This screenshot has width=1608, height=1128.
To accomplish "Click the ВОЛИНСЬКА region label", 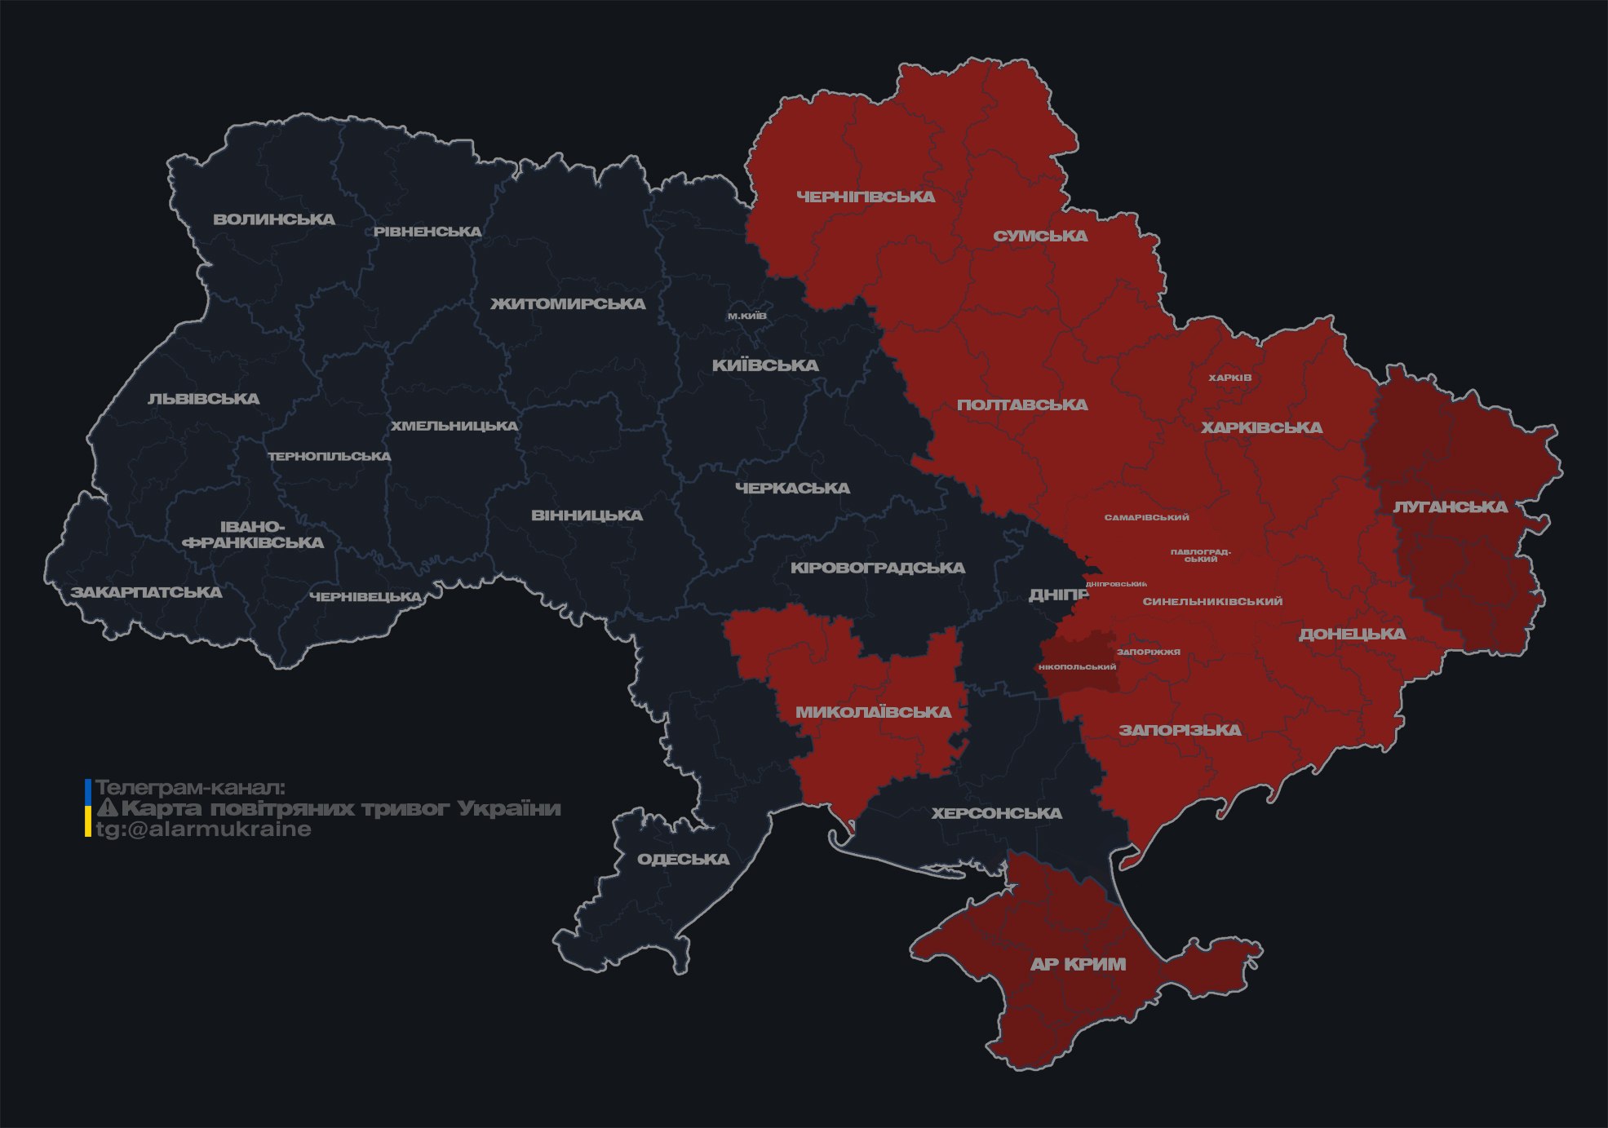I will [274, 219].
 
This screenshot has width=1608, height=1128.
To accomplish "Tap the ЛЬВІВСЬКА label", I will [204, 399].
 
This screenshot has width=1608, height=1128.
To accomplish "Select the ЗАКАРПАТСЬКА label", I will [146, 592].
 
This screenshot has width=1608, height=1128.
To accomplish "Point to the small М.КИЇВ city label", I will [747, 316].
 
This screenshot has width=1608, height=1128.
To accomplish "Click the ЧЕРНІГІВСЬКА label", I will [866, 197].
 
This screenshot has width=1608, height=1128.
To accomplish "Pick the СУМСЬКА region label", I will [1040, 236].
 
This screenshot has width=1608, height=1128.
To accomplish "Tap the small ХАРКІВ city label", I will [1229, 378].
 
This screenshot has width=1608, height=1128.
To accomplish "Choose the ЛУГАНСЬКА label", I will [1450, 506].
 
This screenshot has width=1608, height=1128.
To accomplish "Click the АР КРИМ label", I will [1078, 964].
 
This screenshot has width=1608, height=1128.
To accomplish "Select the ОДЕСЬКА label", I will [683, 859].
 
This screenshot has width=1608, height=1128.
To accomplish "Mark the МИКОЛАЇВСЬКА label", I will [873, 712].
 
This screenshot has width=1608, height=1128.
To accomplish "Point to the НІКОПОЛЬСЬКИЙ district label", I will [1077, 667].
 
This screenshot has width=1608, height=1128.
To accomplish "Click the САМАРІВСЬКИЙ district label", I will [1146, 517].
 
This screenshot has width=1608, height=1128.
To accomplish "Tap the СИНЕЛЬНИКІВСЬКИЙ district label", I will [1212, 601].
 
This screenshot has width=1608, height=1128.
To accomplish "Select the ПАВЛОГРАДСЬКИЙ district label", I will [1200, 555].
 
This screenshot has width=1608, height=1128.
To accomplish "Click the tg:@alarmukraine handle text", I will [203, 829].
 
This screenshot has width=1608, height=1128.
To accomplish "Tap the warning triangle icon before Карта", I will [107, 808].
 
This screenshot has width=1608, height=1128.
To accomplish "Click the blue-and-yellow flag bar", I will [88, 808].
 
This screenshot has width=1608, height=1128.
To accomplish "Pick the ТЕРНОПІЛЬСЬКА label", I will [330, 456].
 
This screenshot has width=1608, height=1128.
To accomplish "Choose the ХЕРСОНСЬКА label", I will [996, 813].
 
